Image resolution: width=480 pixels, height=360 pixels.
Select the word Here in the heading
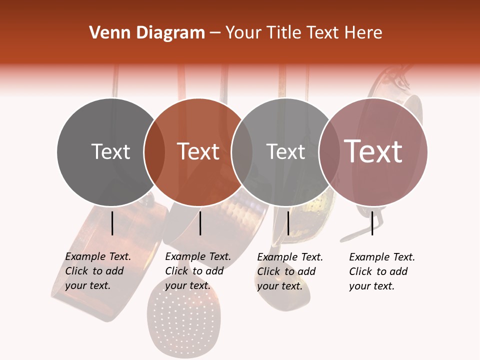coord(363,33)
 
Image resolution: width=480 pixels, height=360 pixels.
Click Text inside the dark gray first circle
coord(110,151)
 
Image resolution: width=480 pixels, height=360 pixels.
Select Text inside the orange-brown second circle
coord(198,151)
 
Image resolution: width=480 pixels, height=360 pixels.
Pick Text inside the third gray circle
coord(285,151)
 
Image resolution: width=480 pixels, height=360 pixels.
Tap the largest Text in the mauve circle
coord(373,151)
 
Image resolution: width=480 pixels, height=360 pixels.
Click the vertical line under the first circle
coord(112,223)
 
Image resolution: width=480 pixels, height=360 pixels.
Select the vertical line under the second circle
coord(200,223)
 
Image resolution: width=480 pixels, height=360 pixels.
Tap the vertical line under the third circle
coord(288,223)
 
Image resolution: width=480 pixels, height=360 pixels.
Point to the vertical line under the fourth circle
coord(372,223)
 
